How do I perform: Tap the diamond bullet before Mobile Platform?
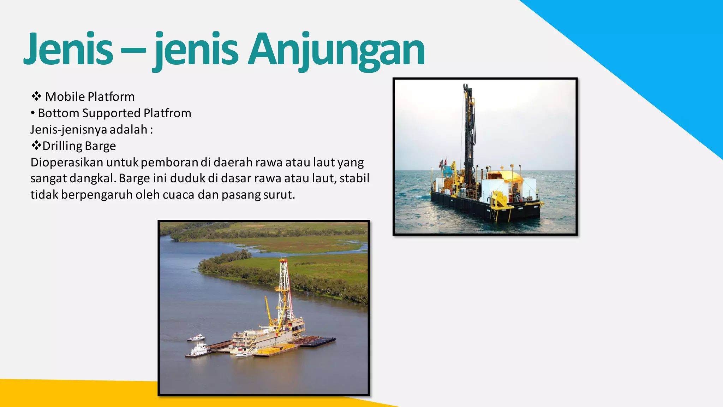pos(36,96)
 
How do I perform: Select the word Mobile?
pos(65,96)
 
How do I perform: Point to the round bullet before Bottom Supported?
pos(33,113)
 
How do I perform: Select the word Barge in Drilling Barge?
pos(100,146)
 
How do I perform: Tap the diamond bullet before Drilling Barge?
pos(36,145)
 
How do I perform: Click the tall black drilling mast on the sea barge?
pos(469,134)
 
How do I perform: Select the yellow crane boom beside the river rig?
pos(268,311)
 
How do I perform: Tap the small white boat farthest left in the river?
pos(196,338)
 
